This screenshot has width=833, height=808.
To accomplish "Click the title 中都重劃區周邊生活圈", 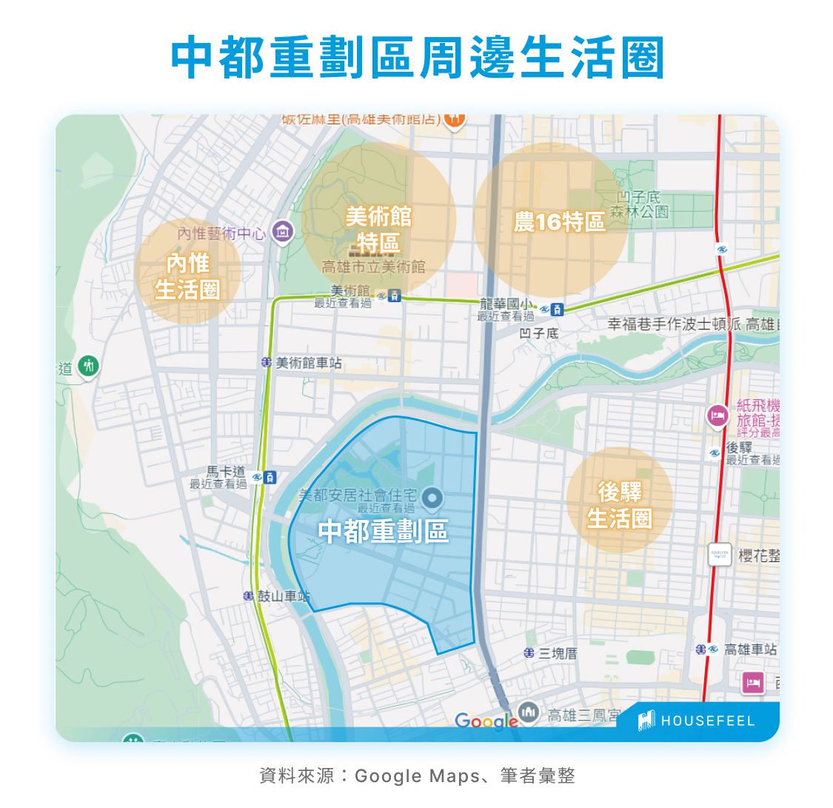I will [x=417, y=57].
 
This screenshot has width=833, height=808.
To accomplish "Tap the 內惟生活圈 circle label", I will [x=187, y=276].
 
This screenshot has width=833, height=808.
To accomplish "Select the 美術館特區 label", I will [x=378, y=229].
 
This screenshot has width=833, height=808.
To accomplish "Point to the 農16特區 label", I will [x=559, y=221].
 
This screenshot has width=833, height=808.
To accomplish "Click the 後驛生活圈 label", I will [x=619, y=505].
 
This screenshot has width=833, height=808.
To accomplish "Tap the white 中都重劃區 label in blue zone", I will [x=383, y=531].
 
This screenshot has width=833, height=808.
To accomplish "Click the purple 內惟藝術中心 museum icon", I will [x=282, y=233].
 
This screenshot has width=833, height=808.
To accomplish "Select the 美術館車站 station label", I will [x=308, y=363].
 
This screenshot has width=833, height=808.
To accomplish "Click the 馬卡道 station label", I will [x=225, y=472].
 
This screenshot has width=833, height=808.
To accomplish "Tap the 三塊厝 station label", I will [x=558, y=653].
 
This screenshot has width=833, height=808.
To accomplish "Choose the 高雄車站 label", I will [x=750, y=650].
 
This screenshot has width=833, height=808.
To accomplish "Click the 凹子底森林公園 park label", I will [x=639, y=205].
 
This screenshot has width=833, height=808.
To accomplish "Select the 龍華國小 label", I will [x=506, y=304].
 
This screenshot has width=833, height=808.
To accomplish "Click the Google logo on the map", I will [x=486, y=721].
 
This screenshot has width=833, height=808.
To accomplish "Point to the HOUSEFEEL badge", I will [x=697, y=721].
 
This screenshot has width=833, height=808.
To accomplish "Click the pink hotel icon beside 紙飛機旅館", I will [x=717, y=416].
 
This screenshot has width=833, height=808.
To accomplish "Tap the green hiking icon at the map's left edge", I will [x=89, y=365].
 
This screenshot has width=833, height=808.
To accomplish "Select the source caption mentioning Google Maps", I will [x=417, y=775].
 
